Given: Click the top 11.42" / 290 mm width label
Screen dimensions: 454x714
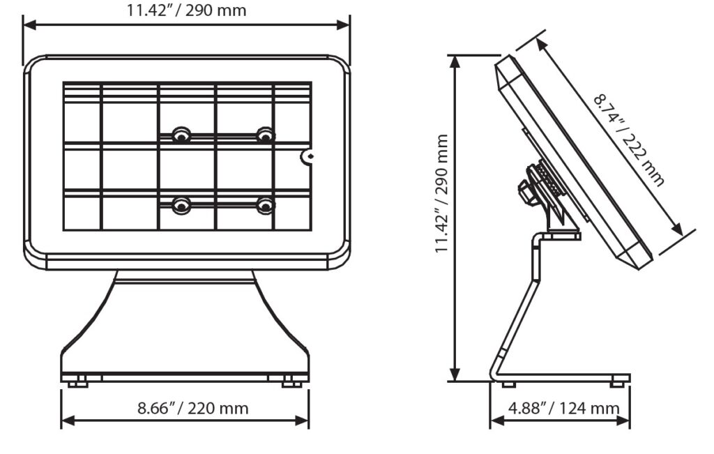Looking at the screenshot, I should (x=185, y=10).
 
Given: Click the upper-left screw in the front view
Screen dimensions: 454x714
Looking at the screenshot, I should (x=181, y=135).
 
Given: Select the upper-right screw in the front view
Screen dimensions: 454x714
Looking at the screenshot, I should (x=264, y=135).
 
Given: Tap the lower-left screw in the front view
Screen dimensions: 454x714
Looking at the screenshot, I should (x=181, y=205).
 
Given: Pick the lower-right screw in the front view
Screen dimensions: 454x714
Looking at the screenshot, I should (x=264, y=205).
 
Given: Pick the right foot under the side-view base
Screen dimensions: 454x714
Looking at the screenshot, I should (x=617, y=384).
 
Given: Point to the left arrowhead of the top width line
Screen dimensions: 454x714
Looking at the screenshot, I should (x=29, y=25).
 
